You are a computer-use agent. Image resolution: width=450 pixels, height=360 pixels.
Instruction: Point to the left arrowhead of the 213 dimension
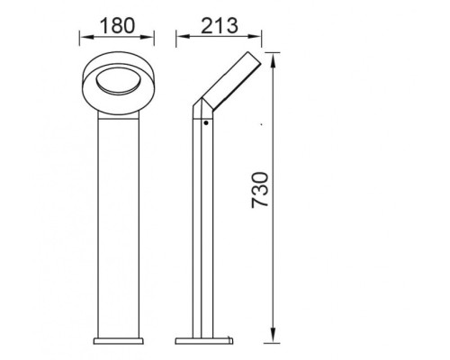coord(178,39)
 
